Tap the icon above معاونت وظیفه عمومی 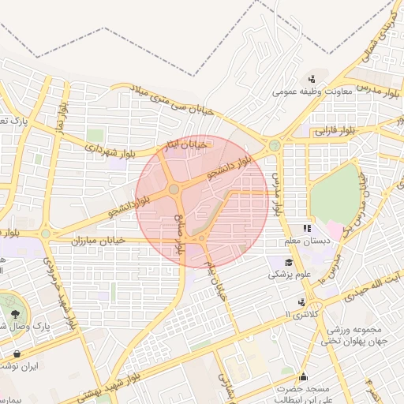(x=313, y=78)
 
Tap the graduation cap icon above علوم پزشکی (x=290, y=262)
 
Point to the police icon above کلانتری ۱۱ (x=301, y=301)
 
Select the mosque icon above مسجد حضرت (x=304, y=376)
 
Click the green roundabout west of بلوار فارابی (x=274, y=145)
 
